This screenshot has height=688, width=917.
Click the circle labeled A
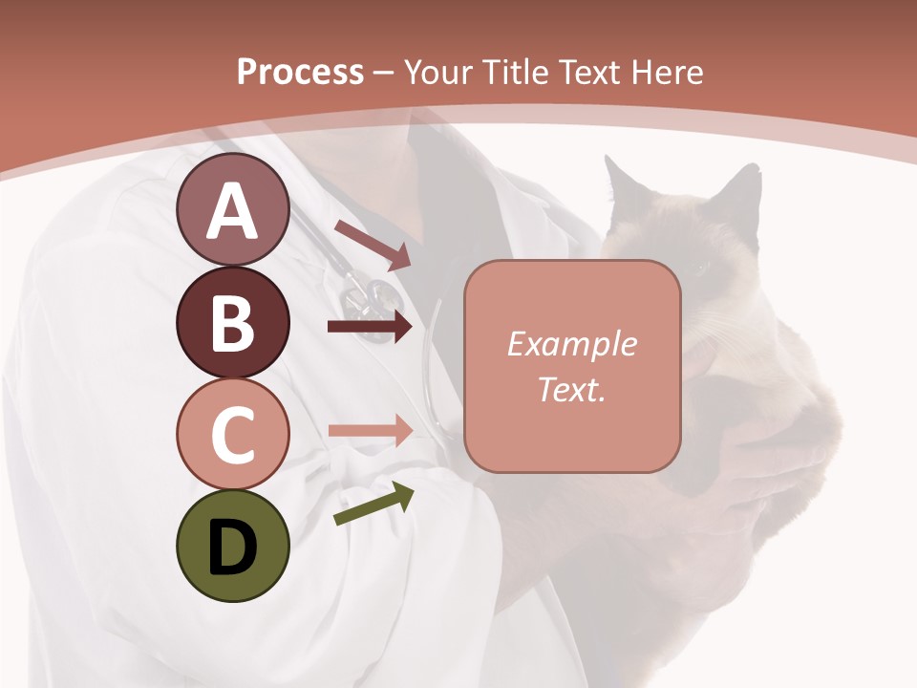pyautogui.click(x=232, y=210)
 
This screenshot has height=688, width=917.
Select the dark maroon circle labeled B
pyautogui.click(x=232, y=323)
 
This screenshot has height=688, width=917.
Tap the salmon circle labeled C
pyautogui.click(x=232, y=435)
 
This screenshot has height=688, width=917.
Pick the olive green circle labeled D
pyautogui.click(x=232, y=547)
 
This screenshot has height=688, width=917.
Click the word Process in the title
pyautogui.click(x=300, y=72)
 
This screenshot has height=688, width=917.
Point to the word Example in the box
pyautogui.click(x=571, y=344)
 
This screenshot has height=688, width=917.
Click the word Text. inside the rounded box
pyautogui.click(x=571, y=389)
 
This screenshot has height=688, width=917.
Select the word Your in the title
pyautogui.click(x=436, y=72)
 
